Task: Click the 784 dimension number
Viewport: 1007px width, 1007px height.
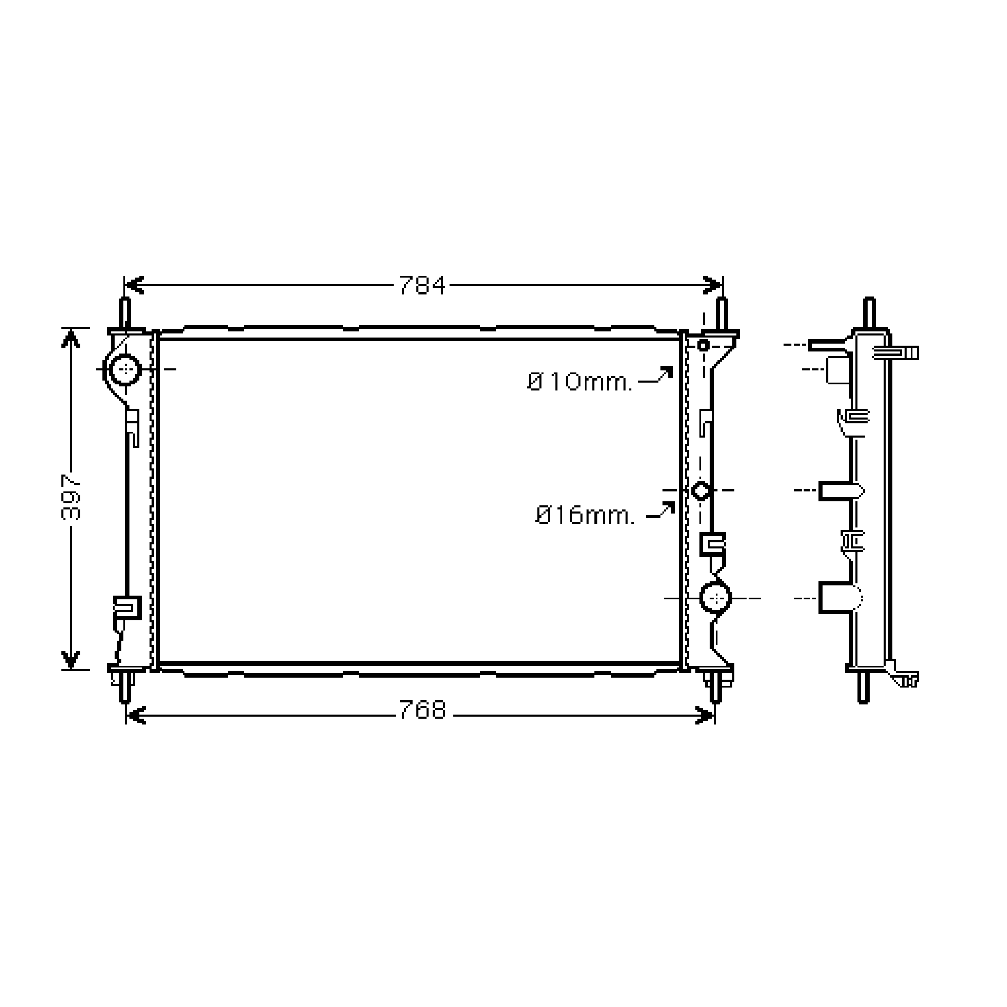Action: click(422, 285)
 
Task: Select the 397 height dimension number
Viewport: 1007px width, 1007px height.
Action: click(71, 497)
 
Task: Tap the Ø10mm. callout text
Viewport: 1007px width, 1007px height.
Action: click(579, 382)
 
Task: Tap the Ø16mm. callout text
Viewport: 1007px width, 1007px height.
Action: click(586, 515)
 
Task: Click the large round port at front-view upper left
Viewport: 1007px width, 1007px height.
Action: click(125, 369)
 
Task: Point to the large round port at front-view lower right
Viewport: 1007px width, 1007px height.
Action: click(716, 598)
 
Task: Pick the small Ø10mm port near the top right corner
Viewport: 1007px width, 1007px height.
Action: click(703, 345)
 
